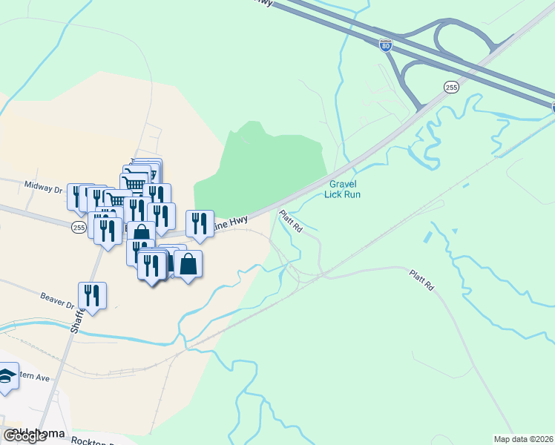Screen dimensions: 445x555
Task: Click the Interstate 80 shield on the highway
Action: click(385, 44)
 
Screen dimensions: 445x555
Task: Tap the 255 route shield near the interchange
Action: click(451, 88)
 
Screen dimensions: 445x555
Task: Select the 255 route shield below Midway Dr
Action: click(79, 228)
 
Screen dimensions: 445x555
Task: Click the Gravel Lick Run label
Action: click(342, 189)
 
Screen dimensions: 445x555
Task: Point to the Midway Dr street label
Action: click(44, 188)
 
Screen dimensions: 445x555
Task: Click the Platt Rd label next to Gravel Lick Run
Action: click(291, 222)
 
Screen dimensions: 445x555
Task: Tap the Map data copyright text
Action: click(524, 439)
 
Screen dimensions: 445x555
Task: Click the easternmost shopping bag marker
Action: click(188, 265)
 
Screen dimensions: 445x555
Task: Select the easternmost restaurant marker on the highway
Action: click(200, 224)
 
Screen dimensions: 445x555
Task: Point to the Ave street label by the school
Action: click(33, 378)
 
